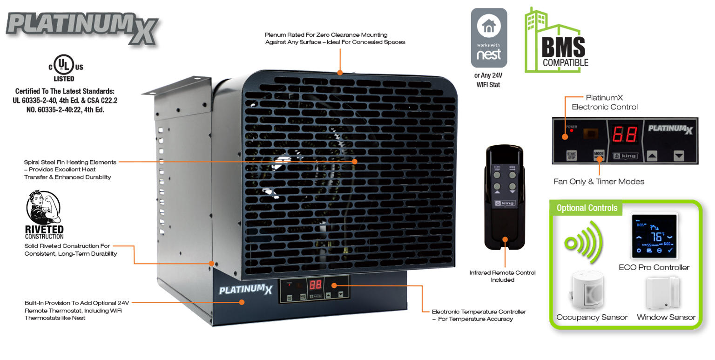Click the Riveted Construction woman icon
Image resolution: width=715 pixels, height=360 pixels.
click(43, 208)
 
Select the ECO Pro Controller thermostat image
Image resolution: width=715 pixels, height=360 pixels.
click(654, 236)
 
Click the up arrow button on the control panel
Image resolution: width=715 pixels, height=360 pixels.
click(652, 156)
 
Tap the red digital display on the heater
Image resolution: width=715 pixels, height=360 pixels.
click(317, 285)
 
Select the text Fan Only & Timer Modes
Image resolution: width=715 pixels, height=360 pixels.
click(599, 182)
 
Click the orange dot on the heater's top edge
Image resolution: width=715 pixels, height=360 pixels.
click(340, 72)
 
